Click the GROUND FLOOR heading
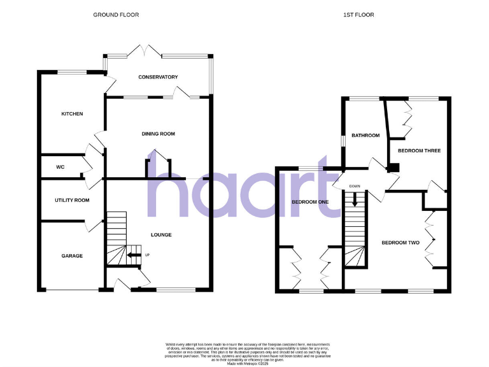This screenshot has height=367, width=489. pos(116,14)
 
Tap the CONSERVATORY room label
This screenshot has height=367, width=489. pos(158,77)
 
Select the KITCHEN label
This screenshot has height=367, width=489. pos(72,114)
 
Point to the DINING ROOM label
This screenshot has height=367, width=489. pos(158,134)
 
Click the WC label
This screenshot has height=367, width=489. pos(60,167)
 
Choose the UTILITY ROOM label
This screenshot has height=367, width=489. pos(72,200)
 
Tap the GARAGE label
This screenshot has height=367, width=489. pos(72,255)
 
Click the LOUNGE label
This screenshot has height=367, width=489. pos(161,234)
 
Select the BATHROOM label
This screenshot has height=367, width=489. pos(365,135)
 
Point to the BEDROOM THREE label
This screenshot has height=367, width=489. pos(419,150)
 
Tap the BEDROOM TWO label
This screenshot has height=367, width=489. pos(400,243)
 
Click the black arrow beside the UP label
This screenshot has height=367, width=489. pos(134,255)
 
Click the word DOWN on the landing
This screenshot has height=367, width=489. pos(355,186)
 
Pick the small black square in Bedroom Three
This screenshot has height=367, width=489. pos(395,168)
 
